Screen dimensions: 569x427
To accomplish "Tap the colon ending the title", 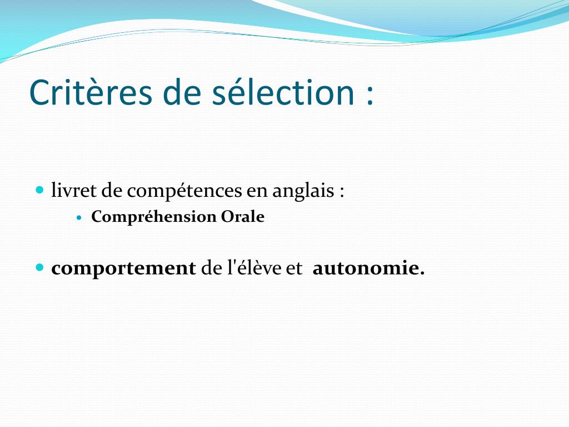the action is (370, 96).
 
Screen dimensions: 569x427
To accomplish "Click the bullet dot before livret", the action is (40, 190).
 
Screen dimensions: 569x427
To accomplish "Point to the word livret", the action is (74, 190).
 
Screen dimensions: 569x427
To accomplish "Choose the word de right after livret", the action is (111, 190).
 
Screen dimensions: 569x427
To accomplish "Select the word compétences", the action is (184, 191).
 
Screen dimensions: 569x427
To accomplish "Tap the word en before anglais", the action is (257, 192).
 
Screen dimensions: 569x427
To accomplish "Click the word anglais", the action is (303, 191).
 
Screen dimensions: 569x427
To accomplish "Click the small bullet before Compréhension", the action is (80, 217).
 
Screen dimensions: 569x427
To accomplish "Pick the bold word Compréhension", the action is (153, 217).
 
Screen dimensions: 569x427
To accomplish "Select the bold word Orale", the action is (243, 217).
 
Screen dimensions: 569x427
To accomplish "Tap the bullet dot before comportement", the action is (40, 267).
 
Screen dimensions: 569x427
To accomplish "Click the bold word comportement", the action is (123, 269).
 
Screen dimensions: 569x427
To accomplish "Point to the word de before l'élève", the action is (211, 268).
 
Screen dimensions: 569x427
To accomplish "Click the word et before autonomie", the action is (295, 269).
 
